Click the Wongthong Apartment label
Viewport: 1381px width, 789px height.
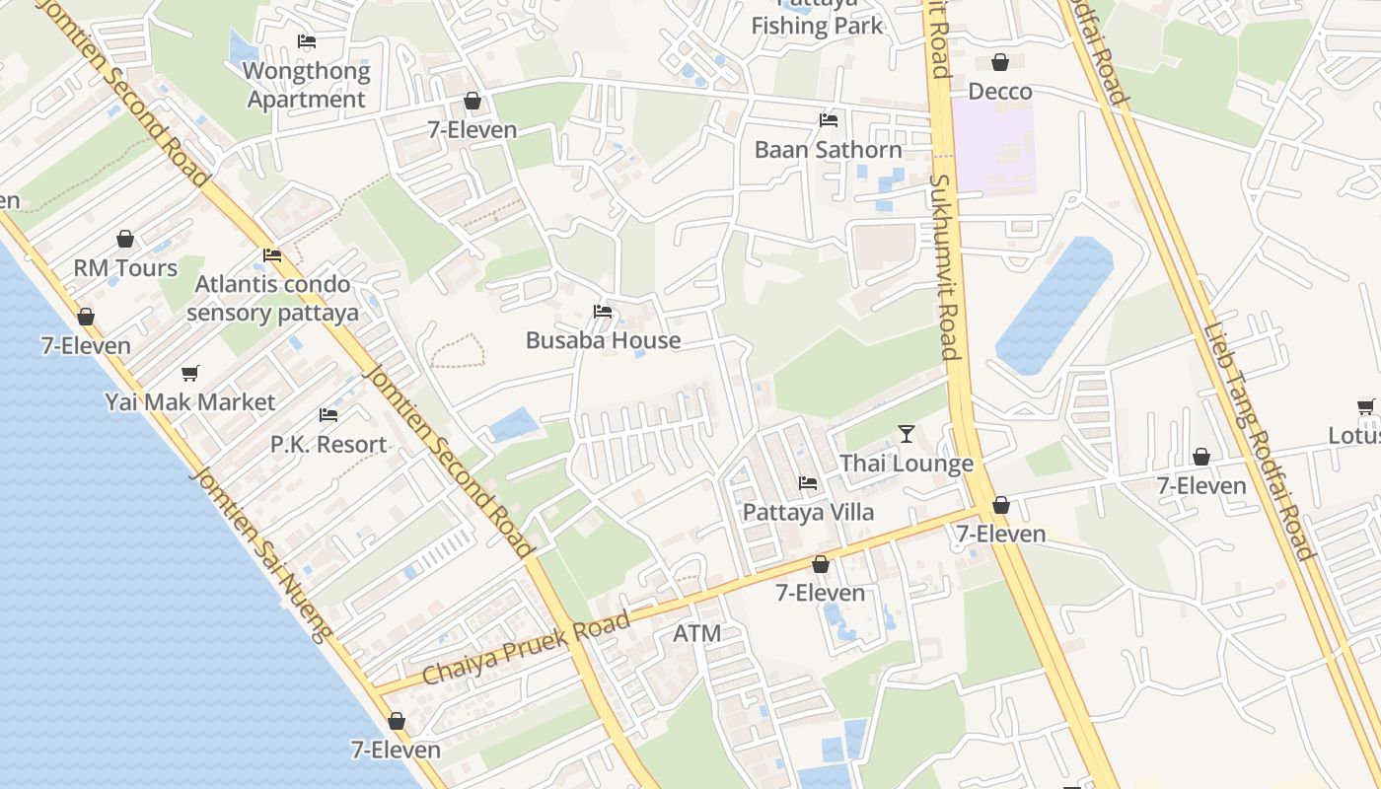307,85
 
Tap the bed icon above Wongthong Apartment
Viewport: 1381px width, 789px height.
307,41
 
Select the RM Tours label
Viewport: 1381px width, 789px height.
125,268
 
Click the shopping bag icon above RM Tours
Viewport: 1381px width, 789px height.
125,239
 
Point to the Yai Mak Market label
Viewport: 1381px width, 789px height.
190,402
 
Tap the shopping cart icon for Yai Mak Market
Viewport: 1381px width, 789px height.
190,373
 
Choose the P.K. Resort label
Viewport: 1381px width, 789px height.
328,445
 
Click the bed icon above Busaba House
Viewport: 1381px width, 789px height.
603,312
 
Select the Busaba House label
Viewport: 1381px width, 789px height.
603,340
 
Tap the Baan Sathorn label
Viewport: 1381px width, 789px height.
828,150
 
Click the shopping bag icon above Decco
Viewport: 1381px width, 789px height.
1000,62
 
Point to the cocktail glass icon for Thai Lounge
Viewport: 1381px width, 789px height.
907,434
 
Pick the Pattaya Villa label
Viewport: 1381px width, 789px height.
808,513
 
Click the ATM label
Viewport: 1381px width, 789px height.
696,634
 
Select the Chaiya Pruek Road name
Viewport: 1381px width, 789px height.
526,648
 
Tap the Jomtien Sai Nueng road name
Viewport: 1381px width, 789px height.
262,553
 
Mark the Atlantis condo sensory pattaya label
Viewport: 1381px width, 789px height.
272,299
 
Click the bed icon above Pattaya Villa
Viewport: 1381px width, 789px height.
808,483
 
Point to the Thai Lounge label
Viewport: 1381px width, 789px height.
907,464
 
